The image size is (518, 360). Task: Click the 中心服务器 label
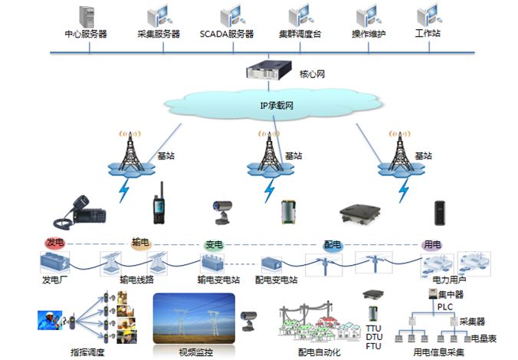coord(87,34)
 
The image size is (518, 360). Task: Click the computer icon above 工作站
coord(428,15)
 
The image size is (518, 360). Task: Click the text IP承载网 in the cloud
coord(276,105)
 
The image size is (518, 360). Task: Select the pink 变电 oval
coord(215,245)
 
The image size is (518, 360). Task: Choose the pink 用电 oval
coord(432,245)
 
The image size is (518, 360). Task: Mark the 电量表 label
coord(484,338)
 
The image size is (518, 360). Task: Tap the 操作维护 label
coord(369,34)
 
